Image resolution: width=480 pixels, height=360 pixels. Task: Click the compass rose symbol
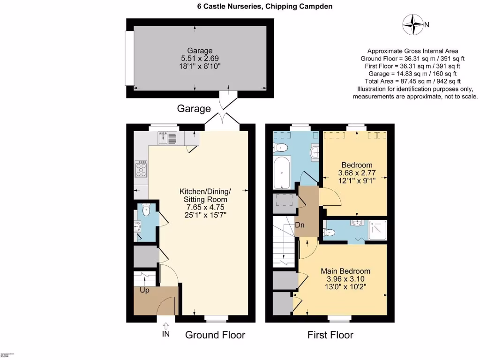[413, 25]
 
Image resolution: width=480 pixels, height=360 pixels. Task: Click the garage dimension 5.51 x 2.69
[200, 59]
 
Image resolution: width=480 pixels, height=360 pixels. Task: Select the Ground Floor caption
[215, 335]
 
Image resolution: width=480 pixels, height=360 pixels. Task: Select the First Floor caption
[330, 335]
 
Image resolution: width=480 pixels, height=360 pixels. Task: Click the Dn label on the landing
[300, 224]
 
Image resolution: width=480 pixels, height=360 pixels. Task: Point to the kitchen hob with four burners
[141, 169]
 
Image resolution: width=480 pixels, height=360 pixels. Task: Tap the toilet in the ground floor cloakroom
[145, 209]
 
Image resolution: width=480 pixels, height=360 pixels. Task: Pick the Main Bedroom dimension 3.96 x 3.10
[345, 279]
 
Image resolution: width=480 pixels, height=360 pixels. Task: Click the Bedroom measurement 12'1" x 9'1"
[357, 181]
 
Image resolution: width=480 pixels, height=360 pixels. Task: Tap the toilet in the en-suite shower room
[330, 231]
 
